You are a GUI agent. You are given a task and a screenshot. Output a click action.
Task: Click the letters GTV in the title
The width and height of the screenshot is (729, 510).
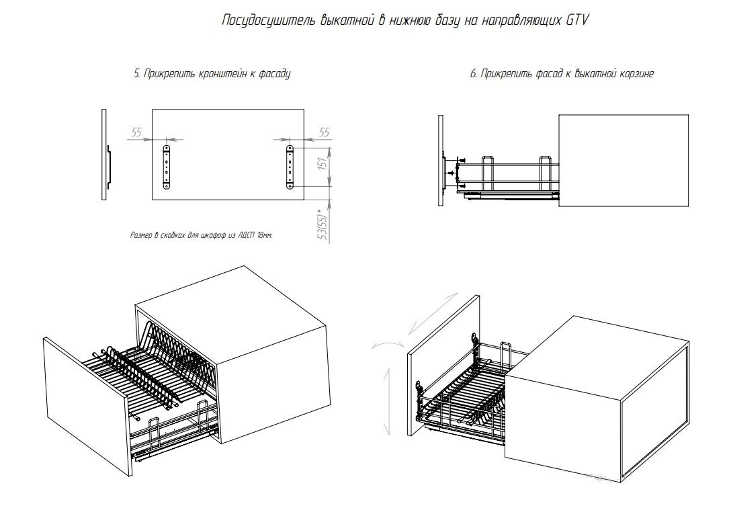pyautogui.click(x=576, y=20)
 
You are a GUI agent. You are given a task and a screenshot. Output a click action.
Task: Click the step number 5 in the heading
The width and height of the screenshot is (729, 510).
pyautogui.click(x=136, y=74)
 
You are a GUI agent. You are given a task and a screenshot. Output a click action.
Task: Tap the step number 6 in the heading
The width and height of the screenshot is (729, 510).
pyautogui.click(x=473, y=74)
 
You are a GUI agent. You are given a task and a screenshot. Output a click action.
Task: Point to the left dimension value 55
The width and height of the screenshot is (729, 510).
pyautogui.click(x=136, y=132)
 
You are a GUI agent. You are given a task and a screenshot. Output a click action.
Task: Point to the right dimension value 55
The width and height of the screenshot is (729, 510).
pyautogui.click(x=324, y=132)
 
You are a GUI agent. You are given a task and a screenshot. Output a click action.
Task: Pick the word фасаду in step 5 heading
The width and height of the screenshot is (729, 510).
pyautogui.click(x=275, y=74)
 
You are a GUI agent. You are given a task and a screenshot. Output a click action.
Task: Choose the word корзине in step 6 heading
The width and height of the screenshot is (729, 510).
pyautogui.click(x=636, y=74)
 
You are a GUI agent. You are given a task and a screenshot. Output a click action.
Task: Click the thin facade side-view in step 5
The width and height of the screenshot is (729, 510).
pyautogui.click(x=104, y=155)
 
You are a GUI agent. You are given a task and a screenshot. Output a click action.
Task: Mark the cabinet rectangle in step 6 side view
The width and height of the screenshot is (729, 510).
pyautogui.click(x=624, y=161)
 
